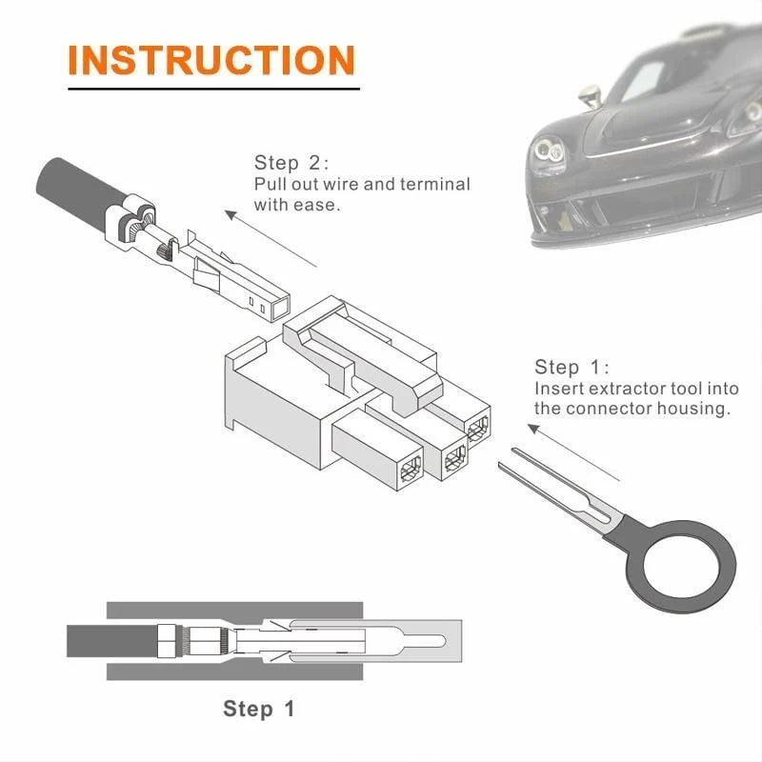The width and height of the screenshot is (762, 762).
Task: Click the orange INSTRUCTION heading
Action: coord(211,59)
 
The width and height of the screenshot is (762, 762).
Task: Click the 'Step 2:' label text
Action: coord(291,162)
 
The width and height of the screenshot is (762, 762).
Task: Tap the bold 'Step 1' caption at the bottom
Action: coord(259,709)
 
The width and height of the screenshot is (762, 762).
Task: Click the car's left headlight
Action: coord(550,150)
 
